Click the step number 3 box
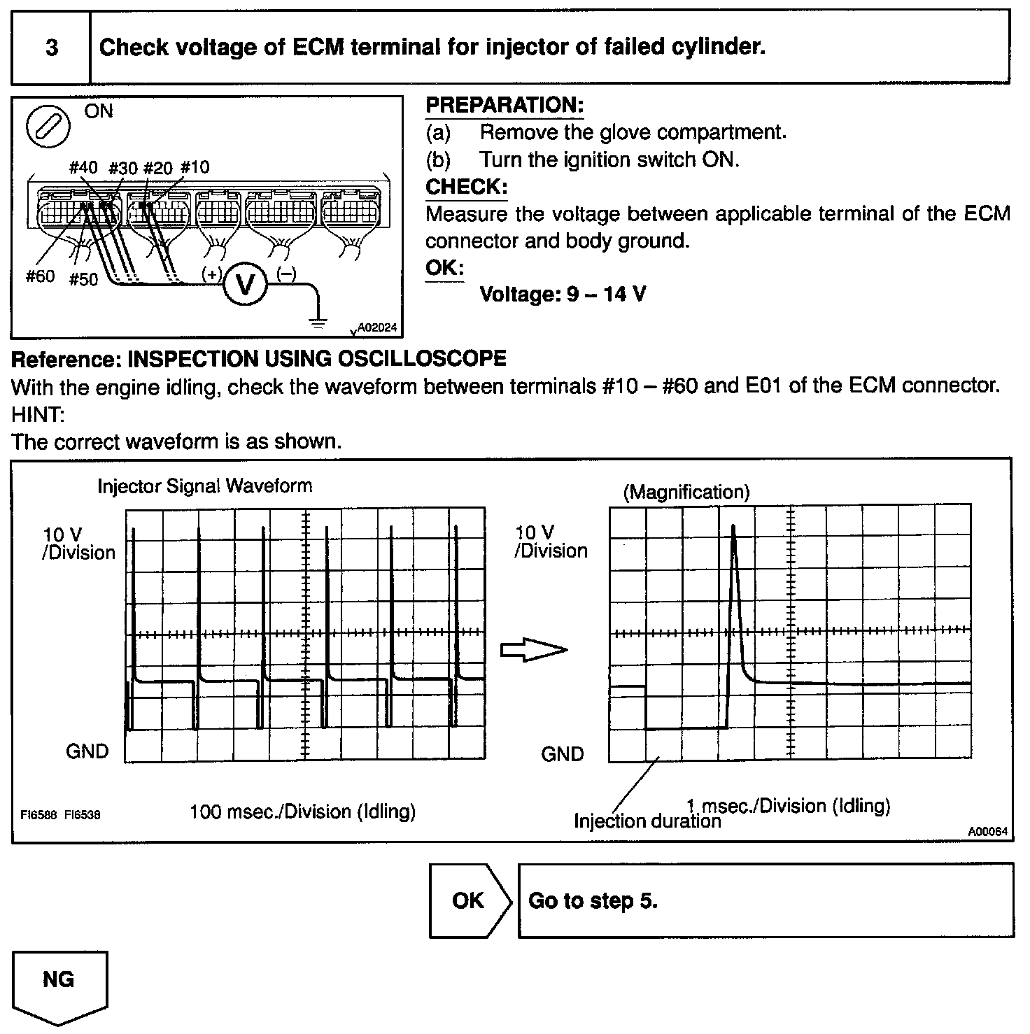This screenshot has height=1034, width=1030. coord(51,48)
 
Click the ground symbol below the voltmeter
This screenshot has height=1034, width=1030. coord(318,323)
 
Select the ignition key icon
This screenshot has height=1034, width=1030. coord(48,127)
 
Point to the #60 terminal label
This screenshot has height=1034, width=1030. coord(40,276)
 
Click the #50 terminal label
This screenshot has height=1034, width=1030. coord(83,280)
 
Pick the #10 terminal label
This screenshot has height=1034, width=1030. coord(195,167)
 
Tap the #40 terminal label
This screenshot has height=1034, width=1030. coord(84,167)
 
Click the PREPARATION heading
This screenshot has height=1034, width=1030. coord(505,106)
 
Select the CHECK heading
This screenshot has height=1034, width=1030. coord(466,187)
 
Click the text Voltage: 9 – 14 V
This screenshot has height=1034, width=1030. coord(563,294)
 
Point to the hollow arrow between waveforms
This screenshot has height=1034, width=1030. coord(533,650)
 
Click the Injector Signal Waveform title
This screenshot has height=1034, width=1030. coord(204,486)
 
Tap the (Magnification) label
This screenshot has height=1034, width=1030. coord(686,493)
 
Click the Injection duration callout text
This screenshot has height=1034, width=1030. coord(647,821)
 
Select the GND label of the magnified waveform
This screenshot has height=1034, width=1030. coord(562,754)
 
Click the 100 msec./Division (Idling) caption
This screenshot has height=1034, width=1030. coord(302,812)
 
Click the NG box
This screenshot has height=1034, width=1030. coord(59,981)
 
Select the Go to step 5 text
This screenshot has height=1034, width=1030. coord(593,900)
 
